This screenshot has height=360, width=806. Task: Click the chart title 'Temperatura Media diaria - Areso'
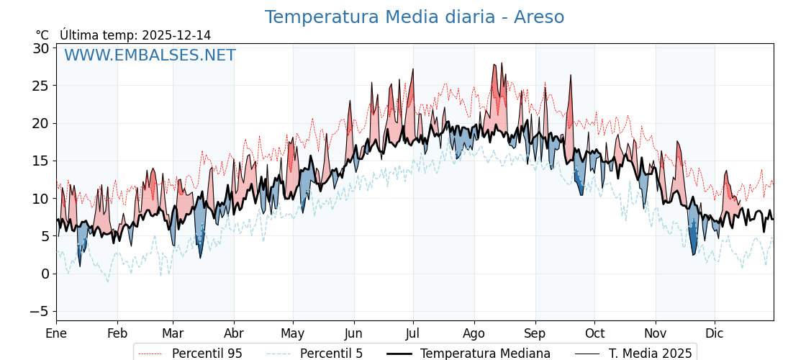coord(414,17)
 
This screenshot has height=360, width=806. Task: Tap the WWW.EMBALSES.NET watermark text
coord(150,55)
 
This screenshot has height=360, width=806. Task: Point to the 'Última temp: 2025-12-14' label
coord(135,35)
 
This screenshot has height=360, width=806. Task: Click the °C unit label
coord(42,35)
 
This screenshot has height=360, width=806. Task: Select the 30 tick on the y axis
coord(40,48)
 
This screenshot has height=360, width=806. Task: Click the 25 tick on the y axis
coord(40,86)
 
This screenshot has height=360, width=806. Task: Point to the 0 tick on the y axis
coord(45,274)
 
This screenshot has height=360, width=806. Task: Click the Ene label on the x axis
coord(56,333)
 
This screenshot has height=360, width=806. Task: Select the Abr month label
coord(234,333)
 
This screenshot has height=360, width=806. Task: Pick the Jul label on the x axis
coord(413,333)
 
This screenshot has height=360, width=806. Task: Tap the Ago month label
coord(474,333)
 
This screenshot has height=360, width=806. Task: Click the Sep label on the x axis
coord(535,333)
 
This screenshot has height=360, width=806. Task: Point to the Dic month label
coord(715,333)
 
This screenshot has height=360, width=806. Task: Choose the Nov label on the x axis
coord(655,333)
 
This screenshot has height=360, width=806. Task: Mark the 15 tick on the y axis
coord(40,161)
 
